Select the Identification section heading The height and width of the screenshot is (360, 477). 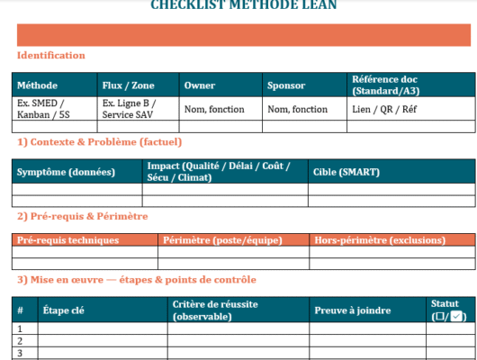(x=51, y=56)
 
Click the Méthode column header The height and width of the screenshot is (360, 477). (x=36, y=85)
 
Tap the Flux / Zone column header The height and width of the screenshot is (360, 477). (x=128, y=85)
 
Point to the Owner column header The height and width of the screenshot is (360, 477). (x=199, y=85)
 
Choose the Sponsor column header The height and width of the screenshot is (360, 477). (x=286, y=85)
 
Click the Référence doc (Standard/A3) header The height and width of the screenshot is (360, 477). (x=384, y=85)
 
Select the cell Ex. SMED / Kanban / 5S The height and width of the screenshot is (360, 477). (x=41, y=109)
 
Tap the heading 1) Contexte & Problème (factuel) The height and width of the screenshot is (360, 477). (x=99, y=142)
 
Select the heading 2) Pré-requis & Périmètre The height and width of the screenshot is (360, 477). (x=82, y=216)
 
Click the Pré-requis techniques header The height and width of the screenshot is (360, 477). (x=67, y=240)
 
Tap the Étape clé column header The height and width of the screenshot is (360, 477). (x=64, y=310)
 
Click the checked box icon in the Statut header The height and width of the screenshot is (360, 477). (x=457, y=317)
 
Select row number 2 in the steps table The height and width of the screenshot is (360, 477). (x=21, y=341)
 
